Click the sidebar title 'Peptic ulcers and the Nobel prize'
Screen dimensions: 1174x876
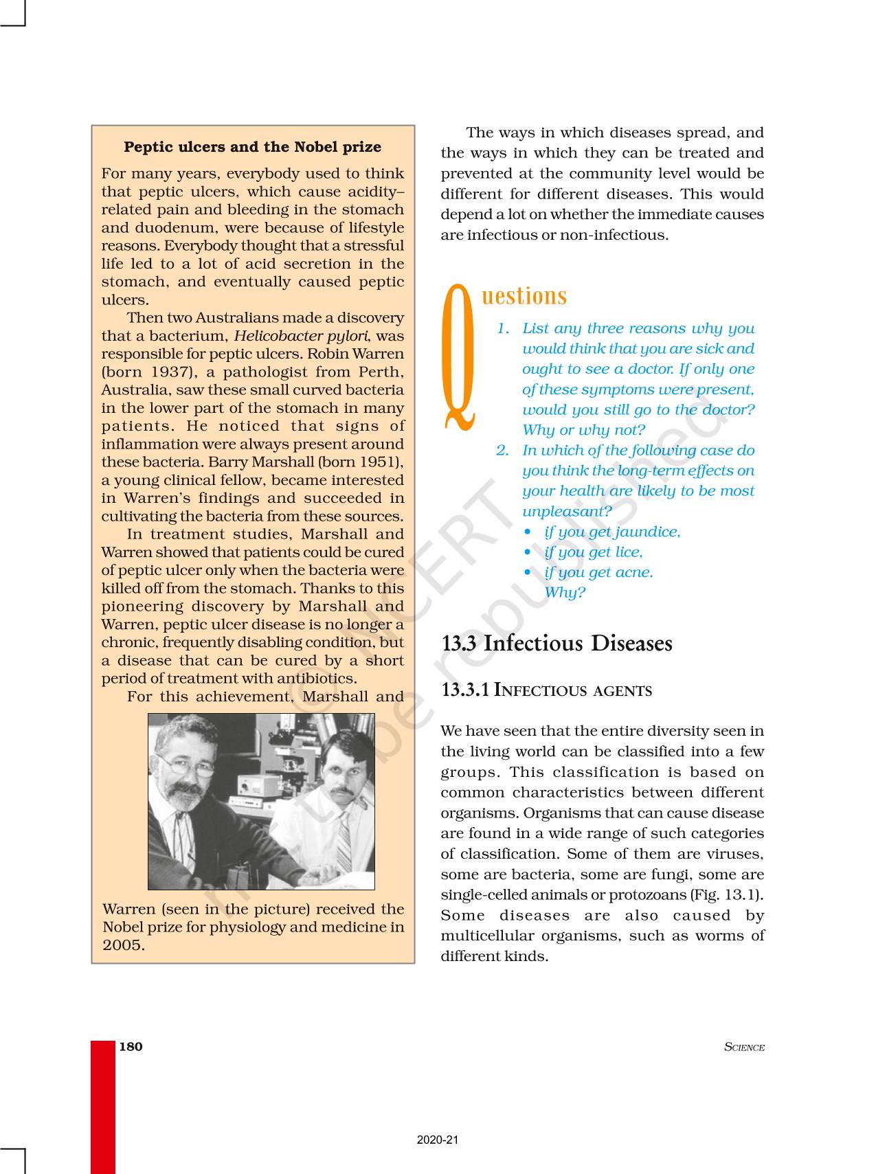coord(252,147)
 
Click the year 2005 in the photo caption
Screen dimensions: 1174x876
coord(124,945)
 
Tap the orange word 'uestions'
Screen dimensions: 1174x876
coord(525,296)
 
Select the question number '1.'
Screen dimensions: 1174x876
coord(503,328)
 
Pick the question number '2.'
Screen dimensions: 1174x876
coord(503,451)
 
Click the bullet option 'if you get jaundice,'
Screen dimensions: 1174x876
coord(611,532)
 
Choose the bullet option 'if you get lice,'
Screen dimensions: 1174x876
coord(593,552)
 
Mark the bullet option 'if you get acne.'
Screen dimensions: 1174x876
coord(598,572)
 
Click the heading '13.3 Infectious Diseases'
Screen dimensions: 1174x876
coord(557,644)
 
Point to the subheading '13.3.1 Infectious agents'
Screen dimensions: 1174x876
coord(546,690)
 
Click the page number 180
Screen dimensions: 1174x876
coord(131,1047)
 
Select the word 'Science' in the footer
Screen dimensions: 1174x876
coord(744,1048)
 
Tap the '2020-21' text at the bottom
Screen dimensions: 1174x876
coord(438,1140)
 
